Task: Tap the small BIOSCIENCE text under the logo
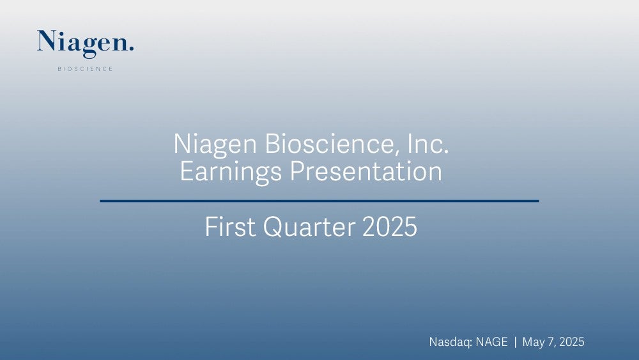point(85,69)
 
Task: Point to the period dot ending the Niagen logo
point(131,49)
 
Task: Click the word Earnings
point(231,172)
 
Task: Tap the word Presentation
point(366,171)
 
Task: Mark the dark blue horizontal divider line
point(319,201)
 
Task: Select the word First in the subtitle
point(229,227)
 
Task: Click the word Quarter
point(309,227)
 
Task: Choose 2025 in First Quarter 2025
point(390,227)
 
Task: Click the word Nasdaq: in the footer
point(450,342)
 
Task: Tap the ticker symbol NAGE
point(492,341)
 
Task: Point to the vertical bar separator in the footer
point(515,341)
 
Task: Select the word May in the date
point(533,342)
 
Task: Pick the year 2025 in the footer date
point(572,341)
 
